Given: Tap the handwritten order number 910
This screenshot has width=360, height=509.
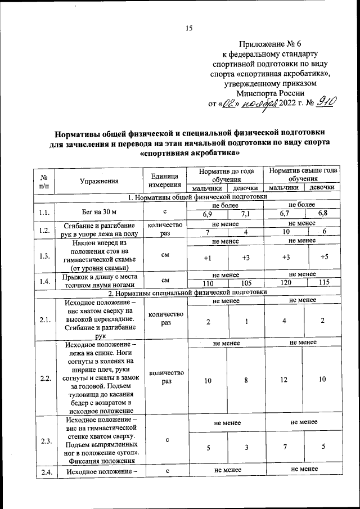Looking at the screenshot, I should pyautogui.click(x=326, y=102).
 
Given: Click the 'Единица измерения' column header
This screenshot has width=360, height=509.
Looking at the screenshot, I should pyautogui.click(x=165, y=181).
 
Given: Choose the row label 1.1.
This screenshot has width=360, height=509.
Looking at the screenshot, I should pyautogui.click(x=44, y=213).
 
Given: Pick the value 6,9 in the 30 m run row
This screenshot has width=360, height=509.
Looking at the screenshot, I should pyautogui.click(x=207, y=216).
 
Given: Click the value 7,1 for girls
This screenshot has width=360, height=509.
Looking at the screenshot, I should pyautogui.click(x=245, y=216).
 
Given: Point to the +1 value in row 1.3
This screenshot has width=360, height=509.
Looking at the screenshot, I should pyautogui.click(x=207, y=258).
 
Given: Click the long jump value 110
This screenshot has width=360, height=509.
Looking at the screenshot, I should pyautogui.click(x=207, y=283).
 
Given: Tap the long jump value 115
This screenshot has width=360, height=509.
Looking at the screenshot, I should pyautogui.click(x=323, y=283).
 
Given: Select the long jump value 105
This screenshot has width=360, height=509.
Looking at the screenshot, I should pyautogui.click(x=245, y=283).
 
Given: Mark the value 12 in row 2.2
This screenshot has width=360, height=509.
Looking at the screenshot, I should pyautogui.click(x=284, y=381).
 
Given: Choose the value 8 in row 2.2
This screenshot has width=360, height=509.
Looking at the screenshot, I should pyautogui.click(x=245, y=381).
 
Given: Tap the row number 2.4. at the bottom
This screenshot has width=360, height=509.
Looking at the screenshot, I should pyautogui.click(x=44, y=472).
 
